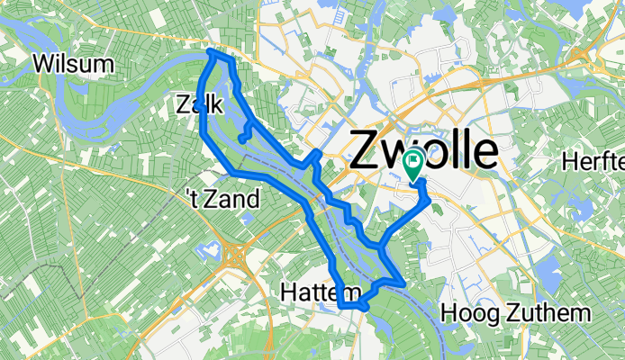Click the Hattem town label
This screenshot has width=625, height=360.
320,292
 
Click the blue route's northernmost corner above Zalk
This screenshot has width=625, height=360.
213,52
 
